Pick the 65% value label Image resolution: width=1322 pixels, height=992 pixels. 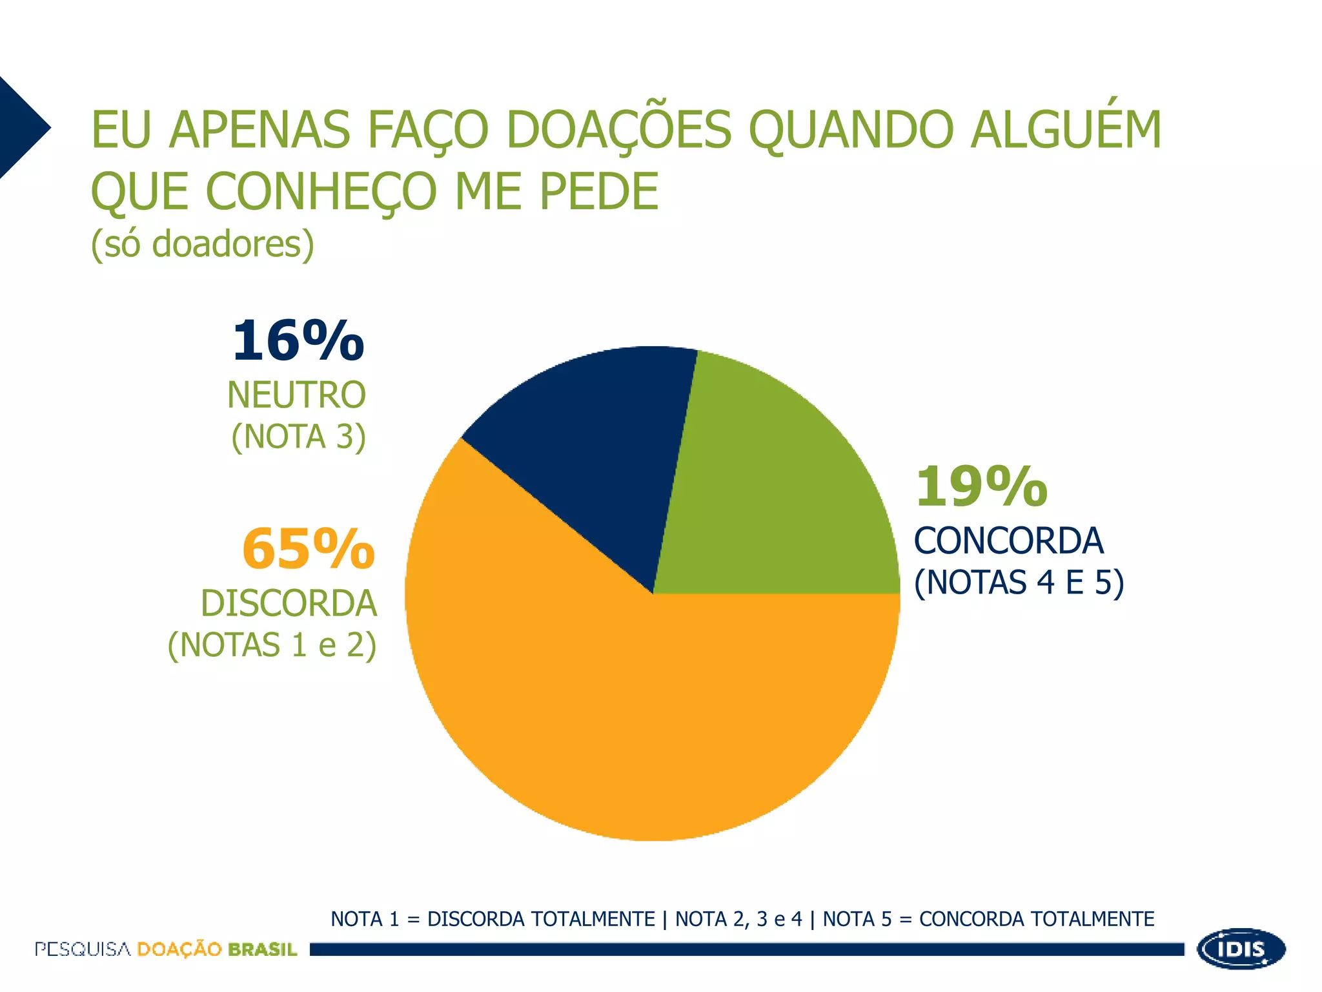pyautogui.click(x=309, y=549)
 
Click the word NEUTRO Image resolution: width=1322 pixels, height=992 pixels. pyautogui.click(x=296, y=395)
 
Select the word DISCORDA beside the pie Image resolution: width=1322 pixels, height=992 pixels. pyautogui.click(x=289, y=603)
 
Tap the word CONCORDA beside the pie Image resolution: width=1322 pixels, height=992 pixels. pyautogui.click(x=1009, y=541)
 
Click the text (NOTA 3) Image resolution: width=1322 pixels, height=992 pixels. pyautogui.click(x=299, y=437)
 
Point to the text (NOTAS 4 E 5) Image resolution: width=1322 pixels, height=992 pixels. pyautogui.click(x=1019, y=583)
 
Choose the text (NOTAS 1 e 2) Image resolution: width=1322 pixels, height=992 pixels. pyautogui.click(x=272, y=645)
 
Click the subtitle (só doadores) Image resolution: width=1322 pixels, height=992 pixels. pyautogui.click(x=203, y=244)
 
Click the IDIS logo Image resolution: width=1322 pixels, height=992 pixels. pyautogui.click(x=1241, y=949)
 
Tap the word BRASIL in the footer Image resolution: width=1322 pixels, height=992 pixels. pyautogui.click(x=262, y=949)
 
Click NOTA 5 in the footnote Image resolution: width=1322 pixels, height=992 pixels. pyautogui.click(x=857, y=919)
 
